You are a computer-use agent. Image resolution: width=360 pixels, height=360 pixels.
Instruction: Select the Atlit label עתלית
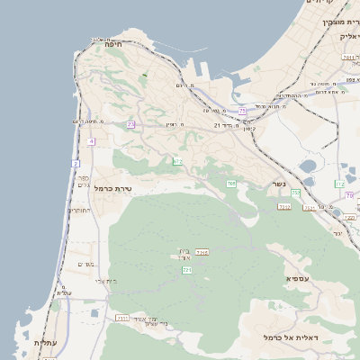pos(45,343)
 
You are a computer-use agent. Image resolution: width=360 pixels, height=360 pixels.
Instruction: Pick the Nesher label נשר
pos(280,185)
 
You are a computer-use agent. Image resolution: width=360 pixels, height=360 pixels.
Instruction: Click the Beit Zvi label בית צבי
pos(106,282)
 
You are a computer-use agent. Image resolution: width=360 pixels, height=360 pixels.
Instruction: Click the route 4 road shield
pos(92,141)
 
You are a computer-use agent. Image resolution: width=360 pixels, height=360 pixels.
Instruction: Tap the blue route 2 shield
pos(76,164)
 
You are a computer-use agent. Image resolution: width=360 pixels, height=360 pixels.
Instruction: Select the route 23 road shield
pos(130,124)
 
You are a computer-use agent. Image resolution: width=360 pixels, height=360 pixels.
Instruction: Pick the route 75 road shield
pos(242,111)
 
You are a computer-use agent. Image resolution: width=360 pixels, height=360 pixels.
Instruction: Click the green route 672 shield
pos(178,161)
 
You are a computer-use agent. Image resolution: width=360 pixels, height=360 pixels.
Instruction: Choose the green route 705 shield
pos(231,184)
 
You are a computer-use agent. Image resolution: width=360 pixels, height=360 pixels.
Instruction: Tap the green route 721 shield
pos(187,270)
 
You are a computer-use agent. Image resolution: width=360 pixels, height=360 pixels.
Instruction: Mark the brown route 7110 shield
pos(122,319)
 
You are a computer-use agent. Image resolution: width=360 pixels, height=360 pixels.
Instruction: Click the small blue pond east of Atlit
pos(94,313)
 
